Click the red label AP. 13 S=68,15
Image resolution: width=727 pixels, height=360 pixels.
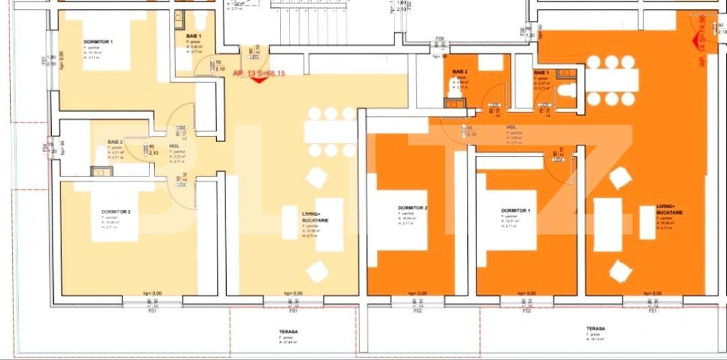point(258,73)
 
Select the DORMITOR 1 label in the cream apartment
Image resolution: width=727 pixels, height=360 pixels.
point(98,42)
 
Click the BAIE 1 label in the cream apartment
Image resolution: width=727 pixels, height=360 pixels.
point(193,35)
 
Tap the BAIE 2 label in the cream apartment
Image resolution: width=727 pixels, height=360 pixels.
point(115,142)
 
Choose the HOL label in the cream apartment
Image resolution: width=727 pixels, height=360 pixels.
point(174,146)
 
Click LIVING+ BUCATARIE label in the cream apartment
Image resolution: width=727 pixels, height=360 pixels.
point(311,216)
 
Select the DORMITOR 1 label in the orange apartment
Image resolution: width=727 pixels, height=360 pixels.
point(516,211)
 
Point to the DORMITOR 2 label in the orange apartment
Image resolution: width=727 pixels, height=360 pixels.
point(412,208)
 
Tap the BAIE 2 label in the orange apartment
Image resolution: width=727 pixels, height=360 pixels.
point(460,71)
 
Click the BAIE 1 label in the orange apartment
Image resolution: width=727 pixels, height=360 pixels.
point(541,72)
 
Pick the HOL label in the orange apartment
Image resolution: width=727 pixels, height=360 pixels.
point(512,127)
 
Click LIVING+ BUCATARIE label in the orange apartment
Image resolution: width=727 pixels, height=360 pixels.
point(670,209)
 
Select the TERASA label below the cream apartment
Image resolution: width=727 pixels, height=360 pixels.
point(288,332)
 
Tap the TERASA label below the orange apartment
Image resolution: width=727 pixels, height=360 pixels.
point(595,329)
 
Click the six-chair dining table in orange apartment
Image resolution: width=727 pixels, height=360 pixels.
point(611,80)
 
